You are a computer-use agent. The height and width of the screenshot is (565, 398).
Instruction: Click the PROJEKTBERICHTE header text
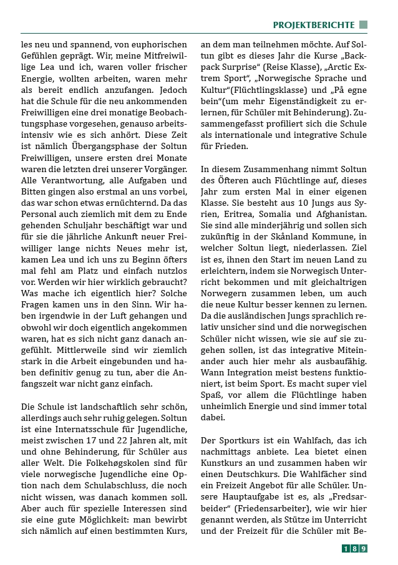pos(313,25)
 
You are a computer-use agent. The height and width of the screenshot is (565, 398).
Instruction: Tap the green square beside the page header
pos(363,25)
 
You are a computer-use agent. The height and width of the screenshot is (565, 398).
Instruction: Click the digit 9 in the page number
pos(363,548)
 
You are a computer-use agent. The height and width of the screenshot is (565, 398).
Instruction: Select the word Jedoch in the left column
pos(170,90)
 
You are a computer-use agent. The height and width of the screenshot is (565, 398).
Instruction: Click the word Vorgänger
pos(162,169)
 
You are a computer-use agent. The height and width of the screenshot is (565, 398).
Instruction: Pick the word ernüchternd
pos(125,203)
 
